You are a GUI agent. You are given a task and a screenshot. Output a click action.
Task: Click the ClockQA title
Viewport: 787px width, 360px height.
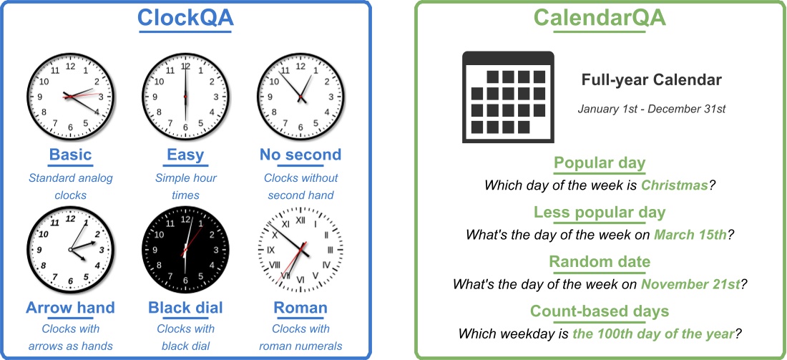click(185, 17)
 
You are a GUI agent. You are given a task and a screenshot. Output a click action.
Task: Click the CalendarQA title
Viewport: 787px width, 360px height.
click(600, 17)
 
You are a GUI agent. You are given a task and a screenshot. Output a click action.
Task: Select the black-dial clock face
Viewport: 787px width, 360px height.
click(185, 248)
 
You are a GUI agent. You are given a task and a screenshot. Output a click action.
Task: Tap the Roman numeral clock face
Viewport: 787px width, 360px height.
click(300, 248)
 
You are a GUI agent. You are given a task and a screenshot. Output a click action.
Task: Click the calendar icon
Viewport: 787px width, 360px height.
click(508, 95)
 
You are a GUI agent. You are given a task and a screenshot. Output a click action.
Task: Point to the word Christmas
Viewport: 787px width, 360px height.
click(674, 185)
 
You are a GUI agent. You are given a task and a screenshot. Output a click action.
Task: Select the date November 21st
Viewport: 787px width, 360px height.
click(691, 283)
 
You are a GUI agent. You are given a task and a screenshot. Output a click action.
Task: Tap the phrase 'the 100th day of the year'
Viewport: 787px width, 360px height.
click(653, 333)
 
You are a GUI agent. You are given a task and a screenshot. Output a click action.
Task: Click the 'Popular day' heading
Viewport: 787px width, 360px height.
click(600, 163)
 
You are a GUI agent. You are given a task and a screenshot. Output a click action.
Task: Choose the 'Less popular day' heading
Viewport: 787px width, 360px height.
click(600, 213)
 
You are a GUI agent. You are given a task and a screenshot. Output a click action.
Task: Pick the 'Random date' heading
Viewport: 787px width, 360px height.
click(600, 262)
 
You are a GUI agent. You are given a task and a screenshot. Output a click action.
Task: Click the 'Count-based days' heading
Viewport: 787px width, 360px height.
click(600, 311)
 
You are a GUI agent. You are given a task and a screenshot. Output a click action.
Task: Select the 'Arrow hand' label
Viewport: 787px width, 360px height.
click(70, 308)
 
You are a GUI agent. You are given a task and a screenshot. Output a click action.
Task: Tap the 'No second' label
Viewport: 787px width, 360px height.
click(300, 155)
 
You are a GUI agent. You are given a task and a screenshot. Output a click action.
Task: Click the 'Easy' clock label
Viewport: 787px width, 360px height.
click(185, 155)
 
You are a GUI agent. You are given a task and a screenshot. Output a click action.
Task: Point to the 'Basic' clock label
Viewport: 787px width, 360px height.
click(70, 155)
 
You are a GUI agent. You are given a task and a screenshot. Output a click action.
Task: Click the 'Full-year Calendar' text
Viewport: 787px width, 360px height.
click(652, 79)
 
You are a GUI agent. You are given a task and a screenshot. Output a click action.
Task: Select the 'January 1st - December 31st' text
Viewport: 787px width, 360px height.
click(652, 109)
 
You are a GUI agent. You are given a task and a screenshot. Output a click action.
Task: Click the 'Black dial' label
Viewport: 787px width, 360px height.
click(185, 308)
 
